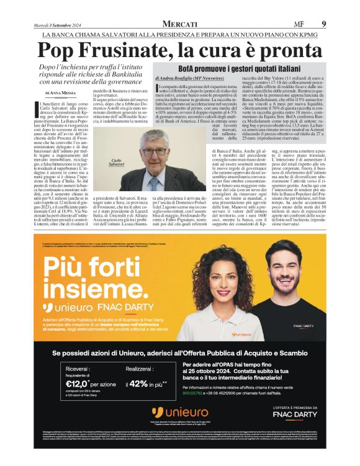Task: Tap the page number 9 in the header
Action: (323, 24)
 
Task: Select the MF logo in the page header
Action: (299, 24)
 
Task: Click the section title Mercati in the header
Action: (180, 24)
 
